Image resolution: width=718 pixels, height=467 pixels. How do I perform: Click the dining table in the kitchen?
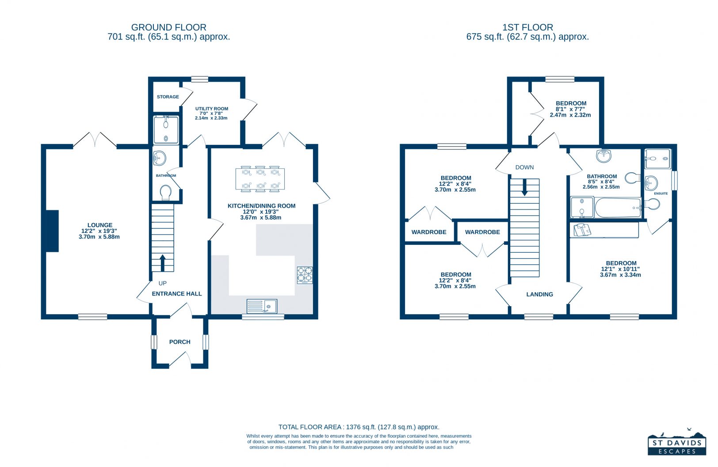point(260,179)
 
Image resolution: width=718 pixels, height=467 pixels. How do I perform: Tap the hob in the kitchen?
point(305,275)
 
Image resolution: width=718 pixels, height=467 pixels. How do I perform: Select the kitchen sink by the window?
point(262,307)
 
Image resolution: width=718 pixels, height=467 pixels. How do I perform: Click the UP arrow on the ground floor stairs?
point(163,263)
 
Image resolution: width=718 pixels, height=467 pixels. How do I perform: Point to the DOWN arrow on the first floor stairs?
point(524,187)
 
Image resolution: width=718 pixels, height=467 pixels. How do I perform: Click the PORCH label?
point(180,342)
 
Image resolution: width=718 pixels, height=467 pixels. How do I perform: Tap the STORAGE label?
point(168,97)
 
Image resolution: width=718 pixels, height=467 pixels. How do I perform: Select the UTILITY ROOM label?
point(211,109)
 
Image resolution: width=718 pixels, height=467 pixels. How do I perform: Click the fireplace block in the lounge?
point(52,231)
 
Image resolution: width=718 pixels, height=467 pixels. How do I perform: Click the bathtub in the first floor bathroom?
point(618,208)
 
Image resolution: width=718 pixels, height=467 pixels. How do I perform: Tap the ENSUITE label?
point(661,194)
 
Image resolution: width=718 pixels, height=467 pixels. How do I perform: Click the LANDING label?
point(539,294)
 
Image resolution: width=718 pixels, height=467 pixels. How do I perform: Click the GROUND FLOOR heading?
point(168,27)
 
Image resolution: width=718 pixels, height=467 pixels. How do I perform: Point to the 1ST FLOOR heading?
point(527,27)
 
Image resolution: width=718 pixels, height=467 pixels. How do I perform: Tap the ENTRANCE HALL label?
point(176,294)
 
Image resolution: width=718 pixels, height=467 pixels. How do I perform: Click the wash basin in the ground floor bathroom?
point(159,158)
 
